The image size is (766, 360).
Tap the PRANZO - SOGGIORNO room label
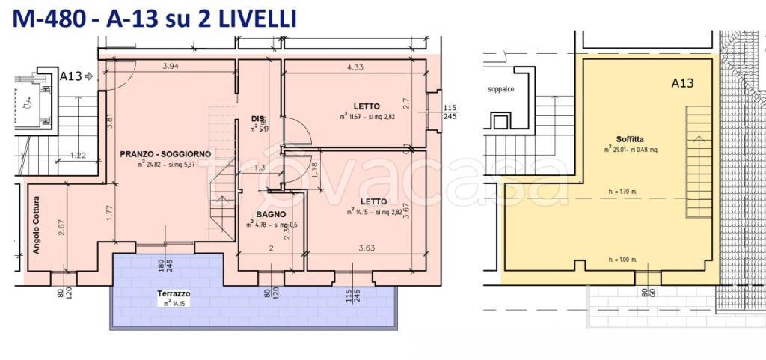coord(165,153)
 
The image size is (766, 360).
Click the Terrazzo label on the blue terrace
coord(174,293)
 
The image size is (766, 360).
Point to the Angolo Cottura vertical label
coord(37,225)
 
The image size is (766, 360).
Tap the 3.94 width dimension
coord(171,67)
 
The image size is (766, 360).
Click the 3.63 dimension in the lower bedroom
coord(367,248)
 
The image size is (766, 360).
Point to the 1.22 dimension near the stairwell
coord(79,156)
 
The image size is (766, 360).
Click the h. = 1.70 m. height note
coord(622,192)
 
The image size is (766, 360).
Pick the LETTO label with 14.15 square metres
coord(372,201)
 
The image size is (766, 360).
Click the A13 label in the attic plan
coord(681,83)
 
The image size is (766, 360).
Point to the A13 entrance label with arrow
coord(74,76)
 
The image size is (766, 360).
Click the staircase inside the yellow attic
coord(699,162)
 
